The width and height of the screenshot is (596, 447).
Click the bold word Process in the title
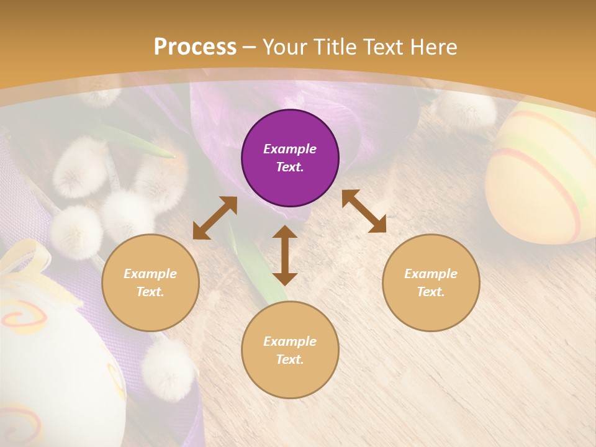point(195,47)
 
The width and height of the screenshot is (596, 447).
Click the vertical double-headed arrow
point(285,256)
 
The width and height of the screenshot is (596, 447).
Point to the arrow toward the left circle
point(215,218)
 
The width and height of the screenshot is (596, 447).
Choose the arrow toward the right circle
point(364,211)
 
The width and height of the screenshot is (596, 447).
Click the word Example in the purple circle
point(290,149)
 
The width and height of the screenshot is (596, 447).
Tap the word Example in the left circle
point(150,274)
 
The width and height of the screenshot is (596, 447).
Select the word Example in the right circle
point(431,274)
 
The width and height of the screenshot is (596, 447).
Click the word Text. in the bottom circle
point(290,359)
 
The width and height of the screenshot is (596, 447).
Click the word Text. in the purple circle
point(290,167)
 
